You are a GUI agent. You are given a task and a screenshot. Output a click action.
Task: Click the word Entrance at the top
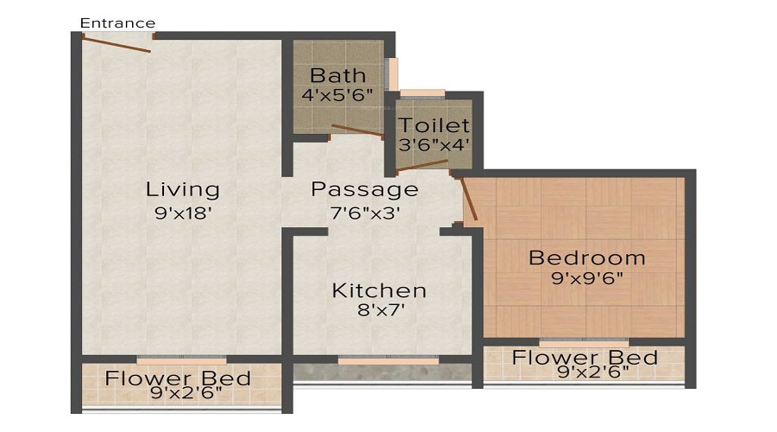(x=117, y=23)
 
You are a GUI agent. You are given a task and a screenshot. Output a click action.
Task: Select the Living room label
(x=182, y=188)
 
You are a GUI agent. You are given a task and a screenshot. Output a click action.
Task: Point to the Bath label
(x=338, y=75)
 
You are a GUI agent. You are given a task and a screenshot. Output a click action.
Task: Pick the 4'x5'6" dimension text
(x=338, y=95)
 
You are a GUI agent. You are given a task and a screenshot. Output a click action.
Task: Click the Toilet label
(x=433, y=126)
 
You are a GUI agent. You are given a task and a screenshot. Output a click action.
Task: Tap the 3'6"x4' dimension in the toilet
(x=433, y=144)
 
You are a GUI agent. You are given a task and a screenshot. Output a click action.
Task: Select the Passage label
(x=364, y=188)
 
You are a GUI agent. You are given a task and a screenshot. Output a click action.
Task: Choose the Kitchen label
(x=379, y=290)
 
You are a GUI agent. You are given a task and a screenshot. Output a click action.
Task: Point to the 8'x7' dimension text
(x=379, y=311)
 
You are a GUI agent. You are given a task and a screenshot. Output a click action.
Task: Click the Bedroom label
(x=586, y=257)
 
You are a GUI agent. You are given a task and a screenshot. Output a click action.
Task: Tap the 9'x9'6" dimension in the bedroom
(x=586, y=278)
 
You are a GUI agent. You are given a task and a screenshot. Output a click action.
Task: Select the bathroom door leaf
(x=357, y=131)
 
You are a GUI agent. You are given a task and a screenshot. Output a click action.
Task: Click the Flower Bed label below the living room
(x=178, y=378)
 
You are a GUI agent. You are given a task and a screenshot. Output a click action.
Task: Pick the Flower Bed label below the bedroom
(x=584, y=358)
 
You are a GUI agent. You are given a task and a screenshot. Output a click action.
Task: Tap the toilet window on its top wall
(x=422, y=93)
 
